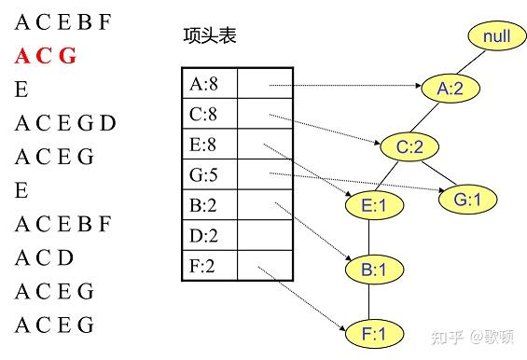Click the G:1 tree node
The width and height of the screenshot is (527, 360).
pyautogui.click(x=466, y=199)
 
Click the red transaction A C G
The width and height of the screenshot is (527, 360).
pyautogui.click(x=45, y=55)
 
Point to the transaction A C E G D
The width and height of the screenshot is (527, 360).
pyautogui.click(x=65, y=123)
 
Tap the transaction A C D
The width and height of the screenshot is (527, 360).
pyautogui.click(x=46, y=257)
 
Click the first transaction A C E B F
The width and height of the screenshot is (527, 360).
pyautogui.click(x=63, y=21)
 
